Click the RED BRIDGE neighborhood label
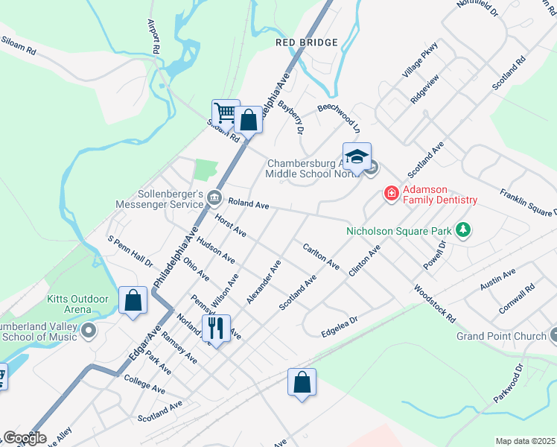point(306,43)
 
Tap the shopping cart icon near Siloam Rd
point(226,113)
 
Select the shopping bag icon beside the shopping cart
point(249,118)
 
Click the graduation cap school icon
point(357,156)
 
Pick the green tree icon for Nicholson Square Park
point(463,230)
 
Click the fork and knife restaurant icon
point(216,327)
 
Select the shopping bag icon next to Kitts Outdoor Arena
point(133,301)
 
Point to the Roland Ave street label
point(248,202)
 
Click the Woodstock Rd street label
point(434,304)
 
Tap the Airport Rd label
point(154,36)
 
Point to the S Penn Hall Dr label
point(130,252)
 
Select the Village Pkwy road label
point(420,61)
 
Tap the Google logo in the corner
point(24,438)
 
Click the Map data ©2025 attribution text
point(525,441)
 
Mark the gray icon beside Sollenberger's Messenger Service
point(215,197)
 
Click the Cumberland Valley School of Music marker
point(89,330)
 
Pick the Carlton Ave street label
point(321,256)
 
